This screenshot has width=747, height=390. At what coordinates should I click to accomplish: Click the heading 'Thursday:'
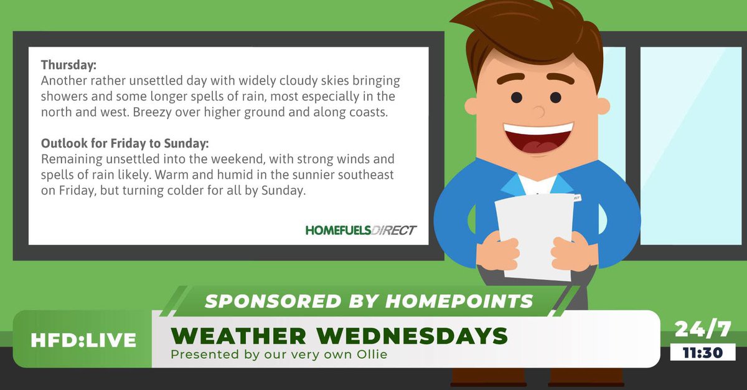click(x=68, y=65)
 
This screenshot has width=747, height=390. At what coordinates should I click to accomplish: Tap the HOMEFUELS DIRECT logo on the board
click(x=360, y=230)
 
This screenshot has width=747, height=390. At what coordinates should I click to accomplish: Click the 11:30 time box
click(x=703, y=353)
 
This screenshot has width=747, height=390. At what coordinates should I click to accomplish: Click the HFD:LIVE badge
click(x=83, y=340)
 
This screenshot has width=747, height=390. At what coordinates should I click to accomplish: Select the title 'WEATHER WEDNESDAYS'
click(x=339, y=336)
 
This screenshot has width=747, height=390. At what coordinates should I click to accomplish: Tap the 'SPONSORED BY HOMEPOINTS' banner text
click(x=369, y=301)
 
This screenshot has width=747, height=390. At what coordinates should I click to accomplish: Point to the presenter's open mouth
click(x=538, y=138)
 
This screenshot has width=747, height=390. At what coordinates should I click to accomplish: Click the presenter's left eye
click(x=517, y=98)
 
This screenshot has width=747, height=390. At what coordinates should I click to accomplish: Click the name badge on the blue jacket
click(x=576, y=197)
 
